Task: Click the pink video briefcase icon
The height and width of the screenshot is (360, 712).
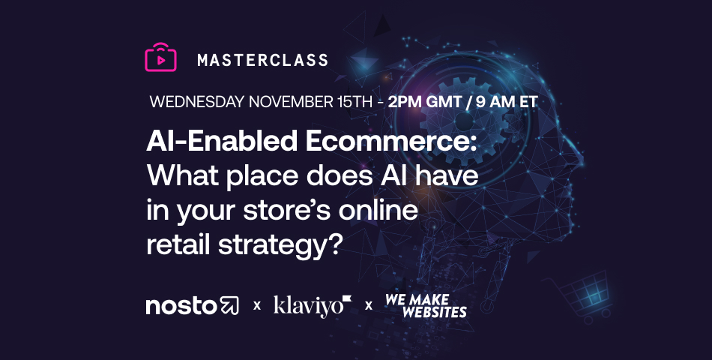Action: click(160, 58)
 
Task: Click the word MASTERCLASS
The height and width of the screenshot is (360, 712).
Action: click(262, 60)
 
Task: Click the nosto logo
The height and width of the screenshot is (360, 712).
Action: click(192, 305)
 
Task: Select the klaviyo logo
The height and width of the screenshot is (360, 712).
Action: click(312, 305)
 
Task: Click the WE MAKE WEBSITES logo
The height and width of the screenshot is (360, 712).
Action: click(425, 305)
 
